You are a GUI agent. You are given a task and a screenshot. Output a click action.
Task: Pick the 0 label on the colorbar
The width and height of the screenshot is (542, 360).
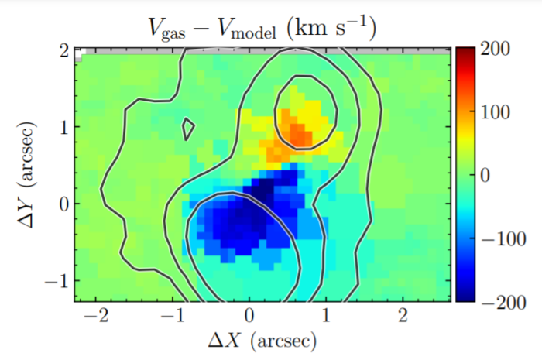[x=487, y=176]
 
